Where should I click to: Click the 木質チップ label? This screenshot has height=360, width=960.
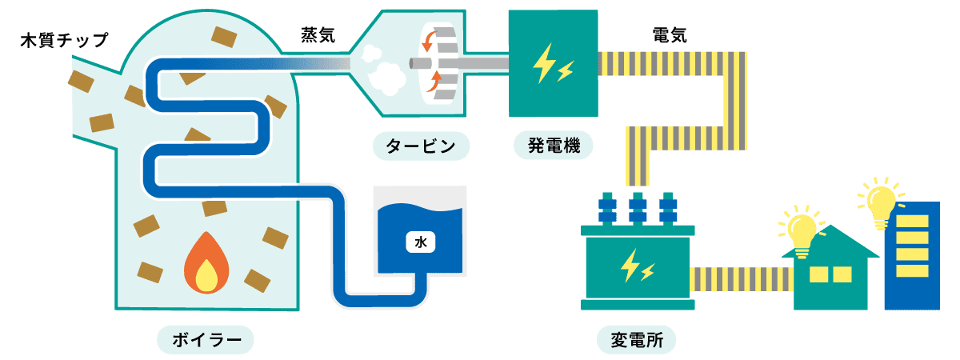(x=64, y=40)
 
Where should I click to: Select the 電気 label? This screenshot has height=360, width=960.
(x=669, y=34)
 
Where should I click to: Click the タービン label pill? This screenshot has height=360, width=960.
(x=421, y=146)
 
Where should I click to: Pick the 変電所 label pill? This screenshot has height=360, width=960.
(x=637, y=339)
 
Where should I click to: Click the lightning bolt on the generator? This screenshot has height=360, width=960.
(x=552, y=64)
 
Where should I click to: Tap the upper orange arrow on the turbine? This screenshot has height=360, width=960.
(x=432, y=40)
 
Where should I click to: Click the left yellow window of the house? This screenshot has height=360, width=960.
(x=819, y=274)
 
